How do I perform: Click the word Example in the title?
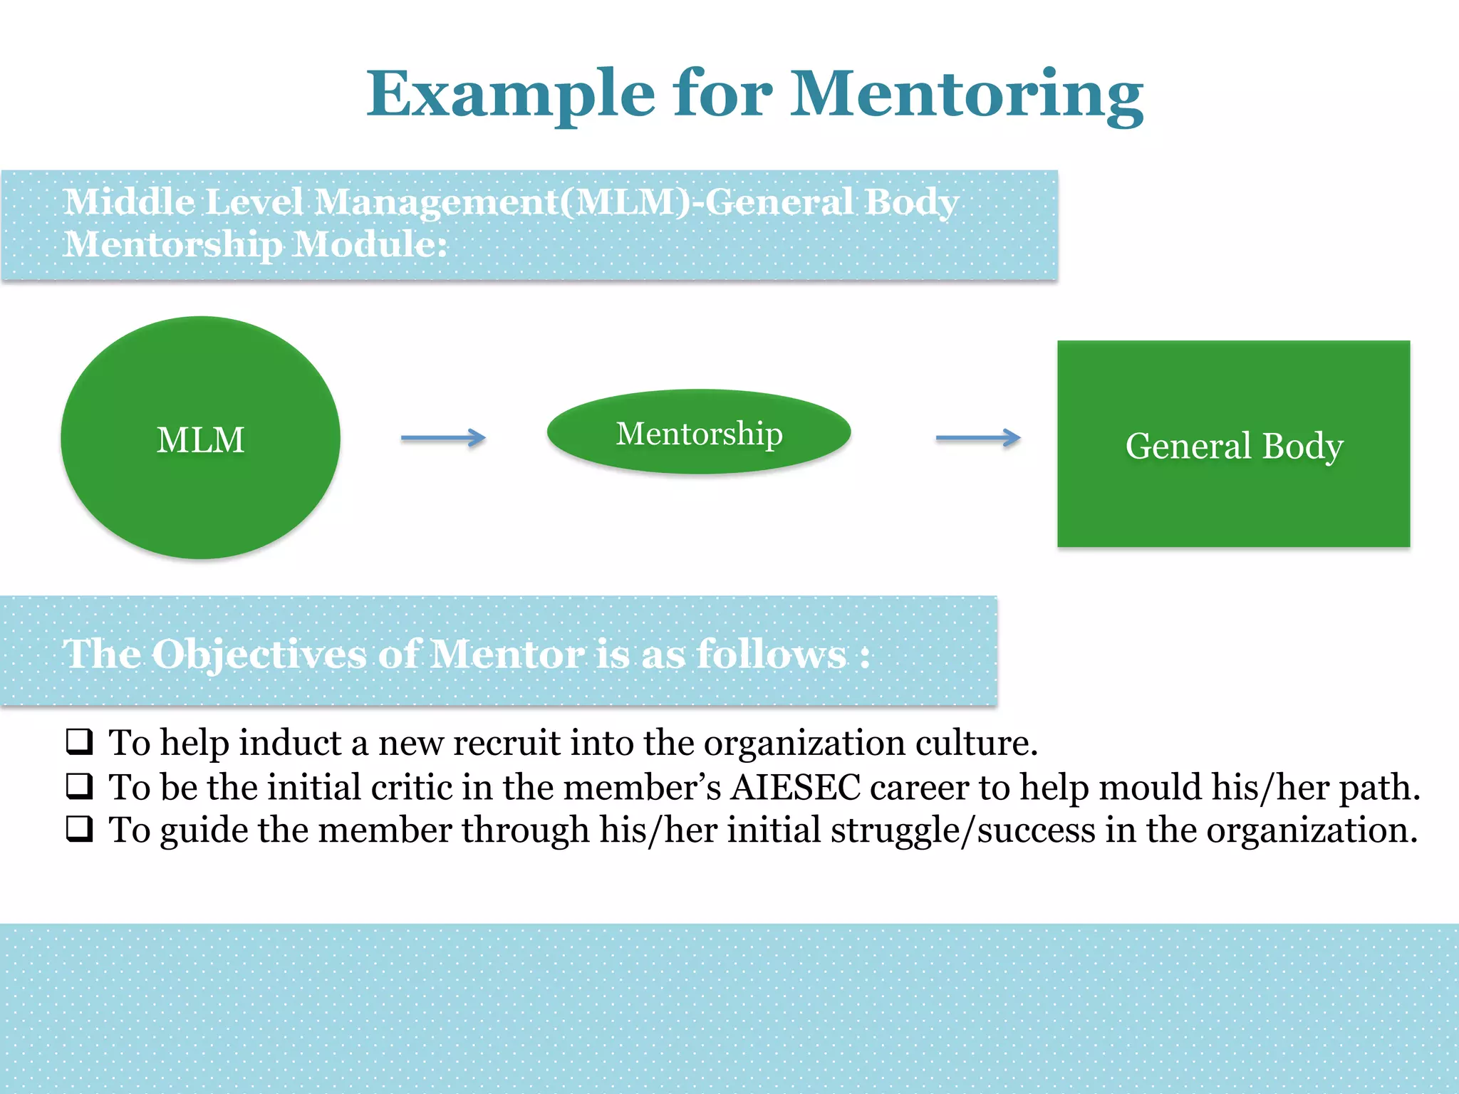coord(510,95)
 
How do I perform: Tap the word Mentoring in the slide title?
coord(967,95)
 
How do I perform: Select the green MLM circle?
coord(200,438)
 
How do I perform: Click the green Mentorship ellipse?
coord(699,432)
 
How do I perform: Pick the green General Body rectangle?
coord(1233,444)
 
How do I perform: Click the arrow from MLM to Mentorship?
coord(443,437)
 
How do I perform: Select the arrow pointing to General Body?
coord(977,437)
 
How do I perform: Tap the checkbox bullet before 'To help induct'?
coord(80,741)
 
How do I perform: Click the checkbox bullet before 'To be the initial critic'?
coord(80,786)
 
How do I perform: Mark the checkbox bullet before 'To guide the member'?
coord(80,829)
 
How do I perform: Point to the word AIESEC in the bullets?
coord(796,787)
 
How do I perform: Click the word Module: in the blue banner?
coord(370,244)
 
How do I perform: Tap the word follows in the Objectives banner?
coord(772,654)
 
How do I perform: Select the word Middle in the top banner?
coord(128,202)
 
